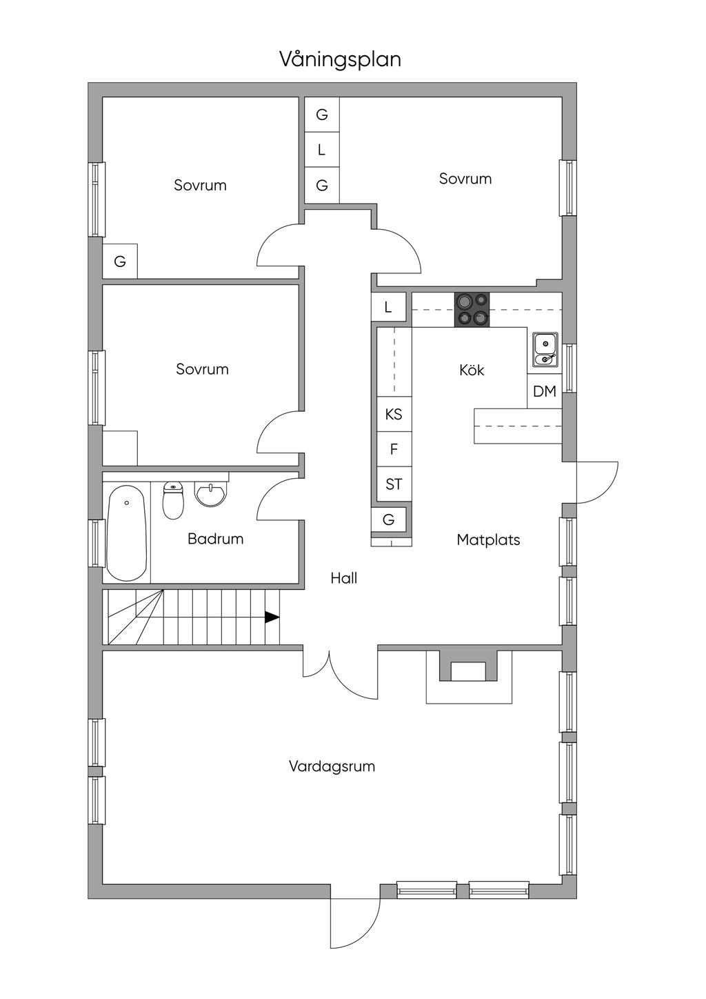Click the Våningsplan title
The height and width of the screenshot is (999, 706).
(x=340, y=59)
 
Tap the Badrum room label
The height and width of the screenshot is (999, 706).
(x=215, y=539)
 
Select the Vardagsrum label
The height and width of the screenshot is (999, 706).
(x=332, y=766)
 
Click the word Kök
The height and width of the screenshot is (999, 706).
(x=472, y=370)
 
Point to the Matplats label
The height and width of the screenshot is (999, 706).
(x=488, y=540)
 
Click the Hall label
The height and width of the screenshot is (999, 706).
(x=343, y=578)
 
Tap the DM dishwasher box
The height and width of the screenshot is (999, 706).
(x=544, y=391)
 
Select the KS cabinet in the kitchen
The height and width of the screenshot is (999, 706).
(x=394, y=415)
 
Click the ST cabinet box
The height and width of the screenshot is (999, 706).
(x=394, y=484)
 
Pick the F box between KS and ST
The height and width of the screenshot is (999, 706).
(x=394, y=449)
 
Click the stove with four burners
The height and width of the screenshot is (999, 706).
(x=472, y=310)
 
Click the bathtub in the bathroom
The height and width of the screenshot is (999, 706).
(x=127, y=533)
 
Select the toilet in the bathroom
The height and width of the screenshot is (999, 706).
(x=173, y=500)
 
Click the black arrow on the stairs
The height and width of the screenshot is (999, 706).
(x=272, y=617)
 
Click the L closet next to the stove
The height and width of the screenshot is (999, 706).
(x=388, y=307)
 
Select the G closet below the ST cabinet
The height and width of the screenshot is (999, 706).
(x=389, y=520)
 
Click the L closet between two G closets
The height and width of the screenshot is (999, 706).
(x=322, y=150)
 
